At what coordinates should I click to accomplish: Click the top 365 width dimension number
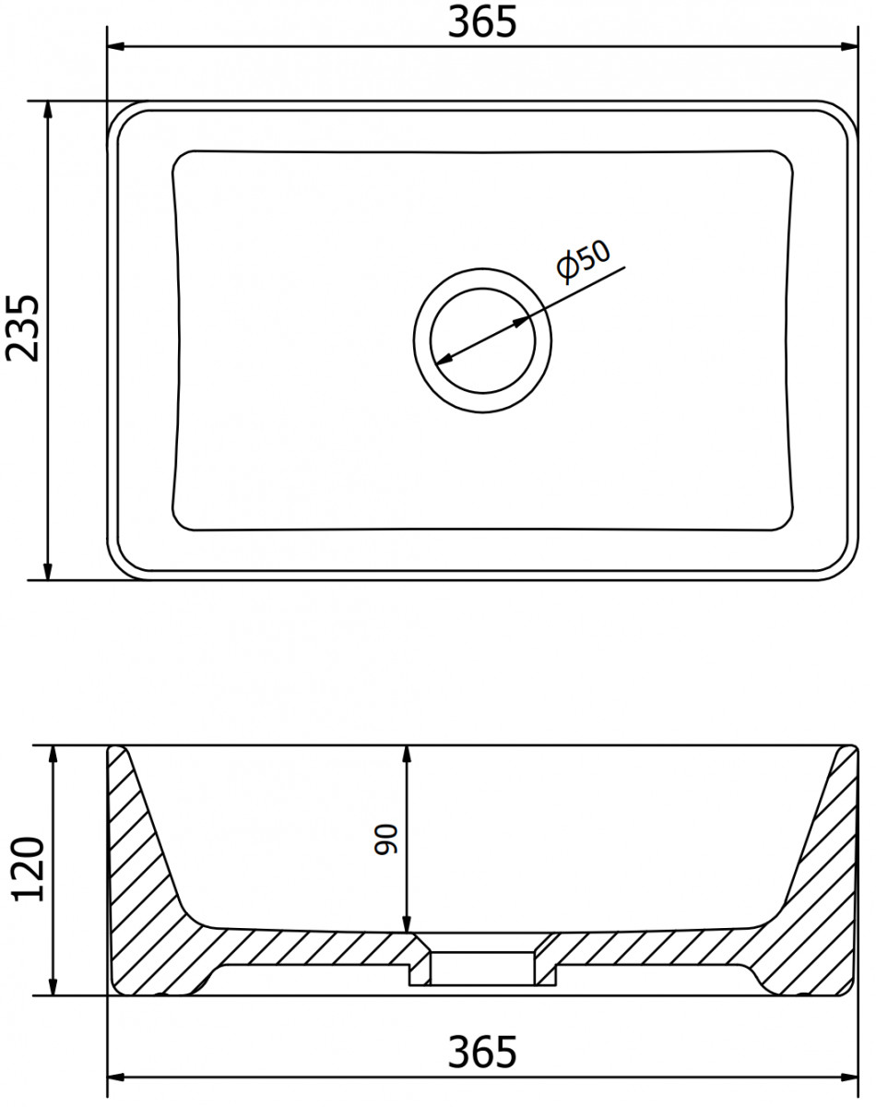pos(482,22)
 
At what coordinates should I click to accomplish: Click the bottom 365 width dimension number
pos(482,1052)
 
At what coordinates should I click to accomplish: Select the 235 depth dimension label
pos(22,328)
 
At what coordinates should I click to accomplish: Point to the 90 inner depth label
pos(385,840)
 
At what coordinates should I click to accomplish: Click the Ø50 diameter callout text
pos(584,261)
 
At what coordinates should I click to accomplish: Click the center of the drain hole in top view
pos(482,340)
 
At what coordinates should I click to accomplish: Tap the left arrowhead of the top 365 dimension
pos(116,46)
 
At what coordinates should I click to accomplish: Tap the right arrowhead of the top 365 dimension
pos(848,46)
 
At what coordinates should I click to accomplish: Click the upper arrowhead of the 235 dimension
pos(47,110)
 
